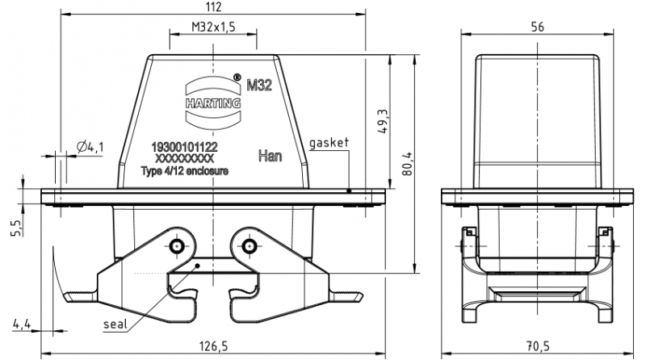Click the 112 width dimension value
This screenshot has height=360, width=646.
(213, 7)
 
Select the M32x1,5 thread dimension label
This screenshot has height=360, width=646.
(213, 27)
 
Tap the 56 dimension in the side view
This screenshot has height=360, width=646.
(537, 27)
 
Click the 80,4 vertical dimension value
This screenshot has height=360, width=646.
(407, 164)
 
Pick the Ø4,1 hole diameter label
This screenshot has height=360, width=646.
(90, 147)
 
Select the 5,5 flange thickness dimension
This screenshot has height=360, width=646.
(15, 228)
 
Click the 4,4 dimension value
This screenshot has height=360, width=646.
(22, 324)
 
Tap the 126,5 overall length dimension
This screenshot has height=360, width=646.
(213, 346)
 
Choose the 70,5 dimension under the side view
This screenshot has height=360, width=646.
(538, 346)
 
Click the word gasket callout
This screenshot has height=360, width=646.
(329, 143)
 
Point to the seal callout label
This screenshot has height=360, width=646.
(115, 324)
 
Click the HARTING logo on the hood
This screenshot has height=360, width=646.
(213, 103)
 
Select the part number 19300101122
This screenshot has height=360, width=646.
(184, 147)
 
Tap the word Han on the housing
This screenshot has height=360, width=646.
(270, 156)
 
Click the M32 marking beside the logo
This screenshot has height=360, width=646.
(258, 86)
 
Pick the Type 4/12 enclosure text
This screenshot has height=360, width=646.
(185, 170)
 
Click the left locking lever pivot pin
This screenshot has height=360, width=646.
(177, 246)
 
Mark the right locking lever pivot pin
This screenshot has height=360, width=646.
(249, 246)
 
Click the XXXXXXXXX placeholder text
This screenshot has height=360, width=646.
(184, 158)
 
